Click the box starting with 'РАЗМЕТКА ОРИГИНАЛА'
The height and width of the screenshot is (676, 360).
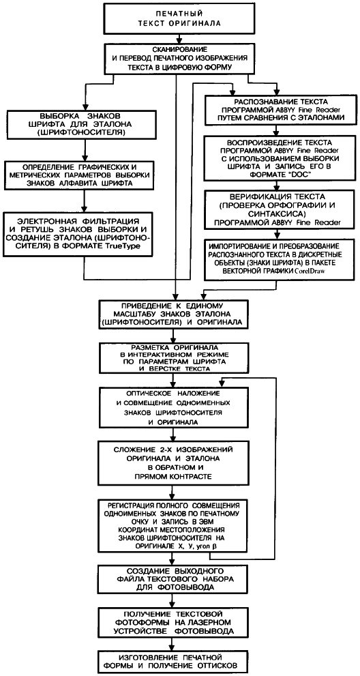pos(174,358)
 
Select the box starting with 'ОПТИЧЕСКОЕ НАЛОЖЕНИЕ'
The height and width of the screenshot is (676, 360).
pos(174,409)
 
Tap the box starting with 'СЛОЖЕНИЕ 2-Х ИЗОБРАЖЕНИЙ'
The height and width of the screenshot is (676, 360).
pos(174,462)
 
